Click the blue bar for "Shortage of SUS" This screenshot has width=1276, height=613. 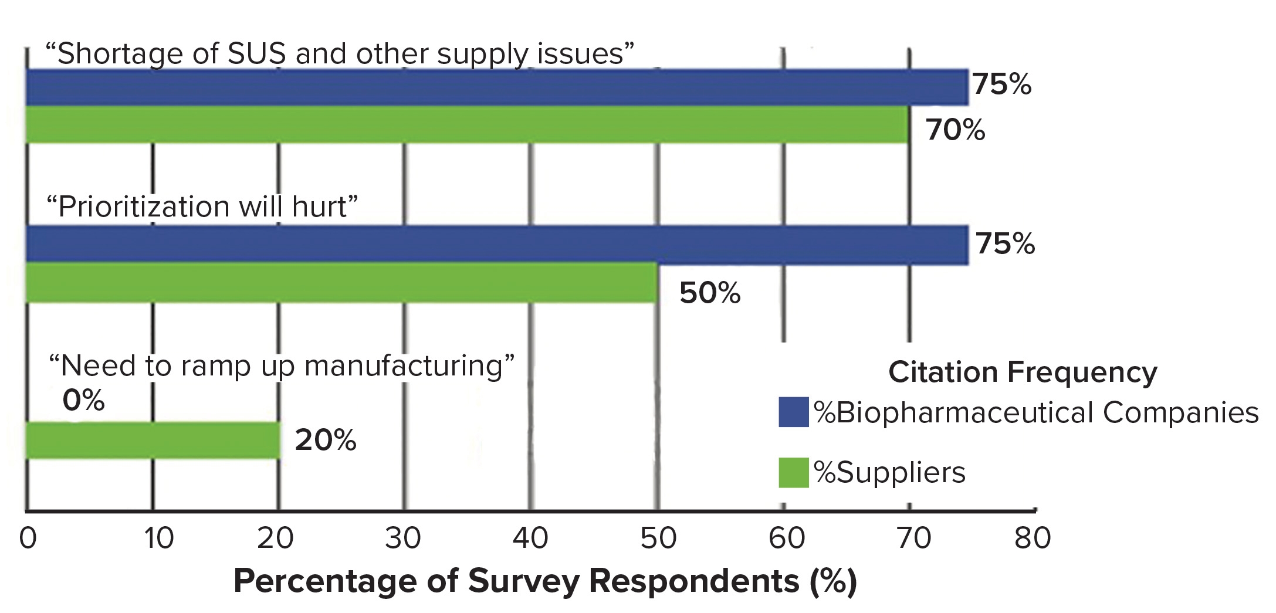tap(496, 87)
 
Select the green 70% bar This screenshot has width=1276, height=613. tap(467, 125)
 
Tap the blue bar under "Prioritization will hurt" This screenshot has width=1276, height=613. tap(496, 244)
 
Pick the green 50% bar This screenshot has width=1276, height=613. tap(341, 283)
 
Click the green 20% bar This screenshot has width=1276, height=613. tap(153, 440)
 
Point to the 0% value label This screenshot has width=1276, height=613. tap(83, 401)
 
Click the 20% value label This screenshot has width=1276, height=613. tap(325, 440)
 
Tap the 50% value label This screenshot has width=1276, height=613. tap(710, 293)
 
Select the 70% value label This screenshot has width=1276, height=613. tap(955, 130)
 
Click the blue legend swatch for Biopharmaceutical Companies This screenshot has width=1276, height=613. tap(793, 412)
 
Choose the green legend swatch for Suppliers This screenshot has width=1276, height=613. tap(793, 473)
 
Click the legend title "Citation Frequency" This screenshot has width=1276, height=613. tap(1023, 372)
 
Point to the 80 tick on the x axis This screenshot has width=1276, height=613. tap(1033, 538)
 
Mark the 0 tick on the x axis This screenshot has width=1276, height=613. tap(28, 538)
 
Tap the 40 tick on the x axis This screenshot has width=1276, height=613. tap(530, 538)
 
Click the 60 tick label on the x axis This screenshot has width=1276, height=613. tap(786, 538)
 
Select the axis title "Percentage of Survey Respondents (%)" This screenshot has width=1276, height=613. tap(545, 581)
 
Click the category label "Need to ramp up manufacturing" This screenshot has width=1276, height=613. tap(281, 366)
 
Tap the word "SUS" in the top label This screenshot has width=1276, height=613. tap(257, 53)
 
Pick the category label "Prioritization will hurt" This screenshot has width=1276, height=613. tap(202, 206)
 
